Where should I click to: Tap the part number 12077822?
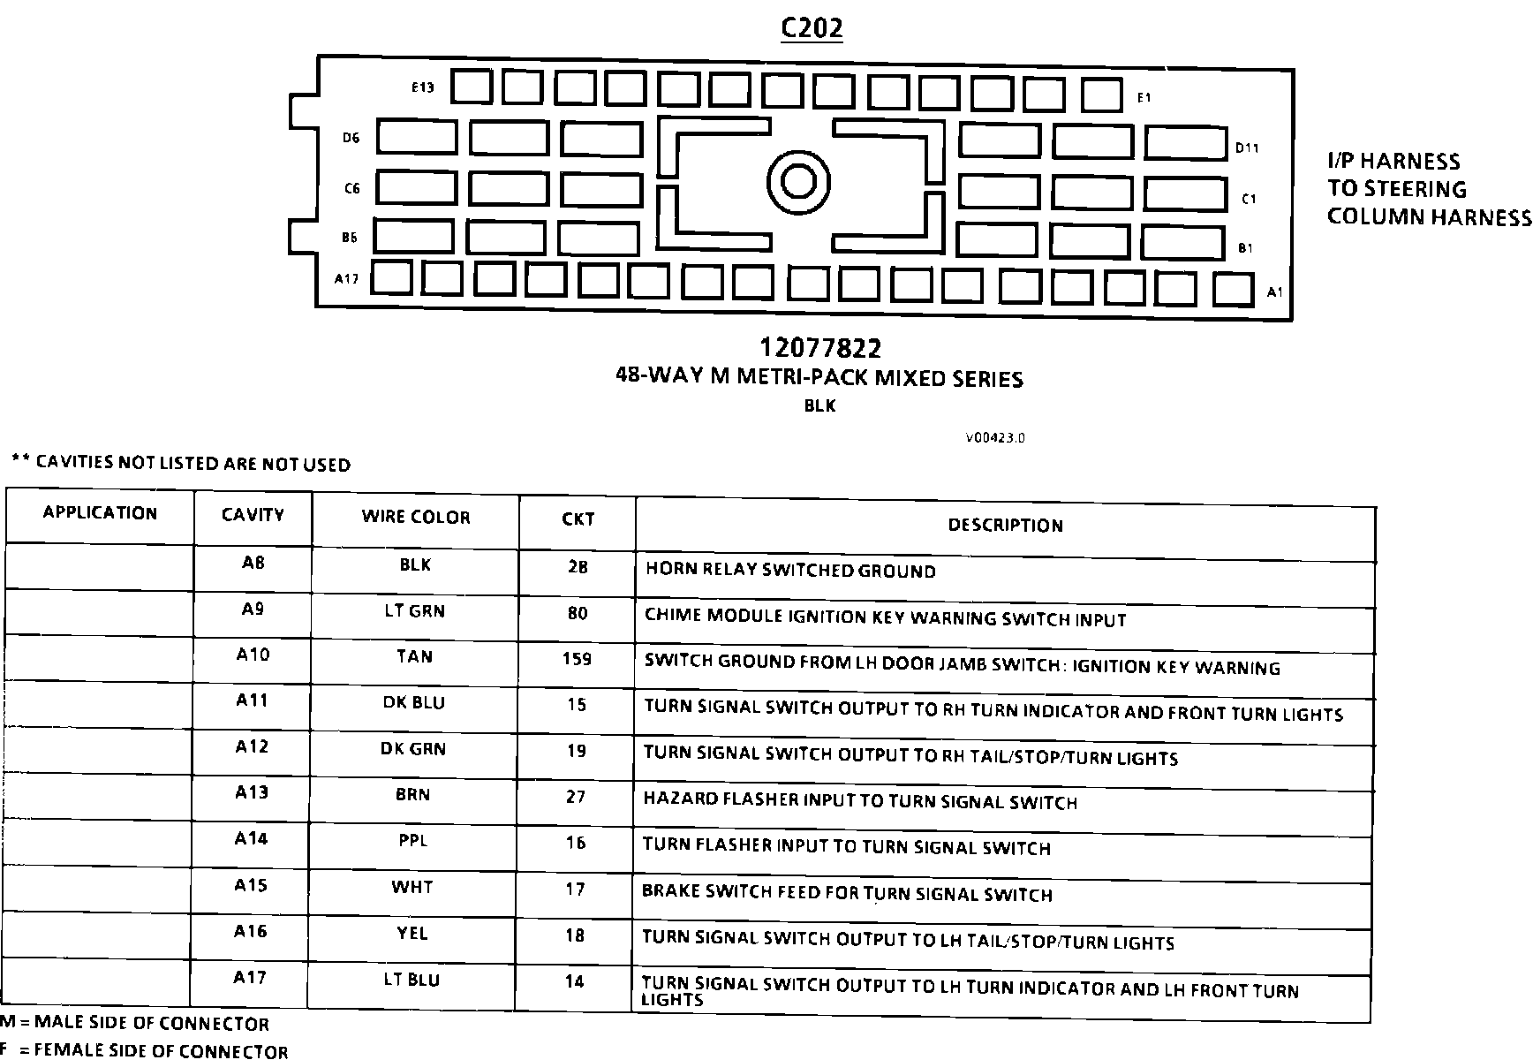[x=819, y=348]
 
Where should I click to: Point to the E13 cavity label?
[x=423, y=87]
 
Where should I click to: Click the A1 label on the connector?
[x=1274, y=291]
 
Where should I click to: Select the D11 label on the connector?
[x=1247, y=148]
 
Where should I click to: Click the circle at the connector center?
[x=799, y=182]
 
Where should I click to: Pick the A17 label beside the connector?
[x=346, y=279]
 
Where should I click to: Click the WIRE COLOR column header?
[x=416, y=518]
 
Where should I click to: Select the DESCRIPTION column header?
[x=1005, y=526]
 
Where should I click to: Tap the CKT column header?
[x=578, y=519]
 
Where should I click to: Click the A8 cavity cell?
[x=253, y=563]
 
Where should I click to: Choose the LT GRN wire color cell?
[x=414, y=611]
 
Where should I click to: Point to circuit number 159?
[x=577, y=659]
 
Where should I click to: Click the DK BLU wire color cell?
[x=413, y=703]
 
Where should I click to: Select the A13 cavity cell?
[x=252, y=792]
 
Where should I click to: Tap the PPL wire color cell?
[x=412, y=841]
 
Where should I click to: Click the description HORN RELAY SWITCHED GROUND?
[x=790, y=571]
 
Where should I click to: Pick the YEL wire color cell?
[x=412, y=933]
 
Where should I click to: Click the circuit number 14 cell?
[x=575, y=980]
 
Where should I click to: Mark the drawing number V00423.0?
[x=994, y=437]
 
